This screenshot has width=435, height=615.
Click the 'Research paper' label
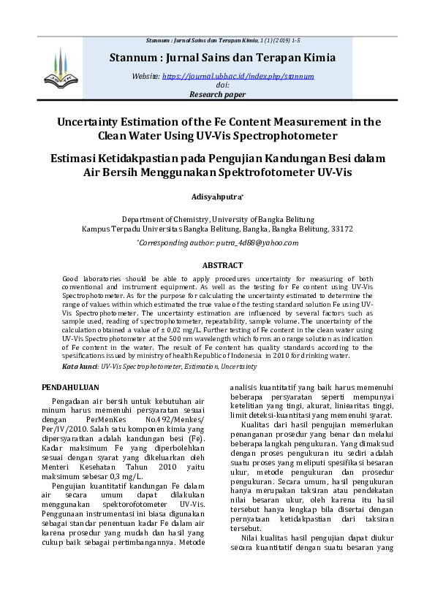point(217,94)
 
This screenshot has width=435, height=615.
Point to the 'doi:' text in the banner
point(217,85)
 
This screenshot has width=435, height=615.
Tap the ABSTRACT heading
point(222,266)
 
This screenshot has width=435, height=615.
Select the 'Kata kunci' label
point(80,365)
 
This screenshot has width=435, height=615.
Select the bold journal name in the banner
point(222,58)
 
